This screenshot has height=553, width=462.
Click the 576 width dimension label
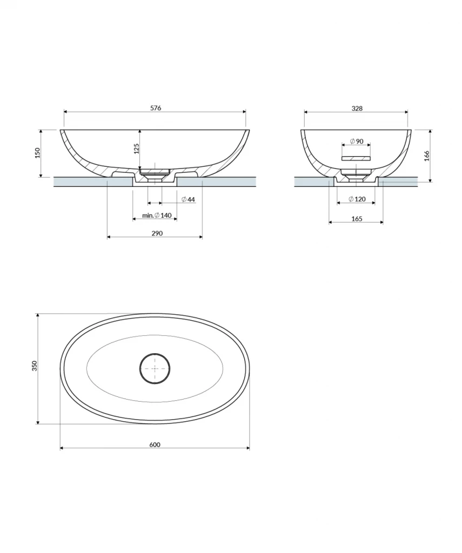156,108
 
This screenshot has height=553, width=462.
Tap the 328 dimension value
357,108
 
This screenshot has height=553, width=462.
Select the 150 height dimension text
37,153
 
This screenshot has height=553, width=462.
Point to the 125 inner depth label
136,149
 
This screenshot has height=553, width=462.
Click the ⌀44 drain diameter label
188,200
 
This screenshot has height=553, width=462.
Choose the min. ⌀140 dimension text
157,215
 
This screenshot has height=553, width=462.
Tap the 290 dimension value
157,233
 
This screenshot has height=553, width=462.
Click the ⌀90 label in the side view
357,141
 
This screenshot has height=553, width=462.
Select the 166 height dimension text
427,156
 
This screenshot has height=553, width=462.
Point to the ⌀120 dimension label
357,199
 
